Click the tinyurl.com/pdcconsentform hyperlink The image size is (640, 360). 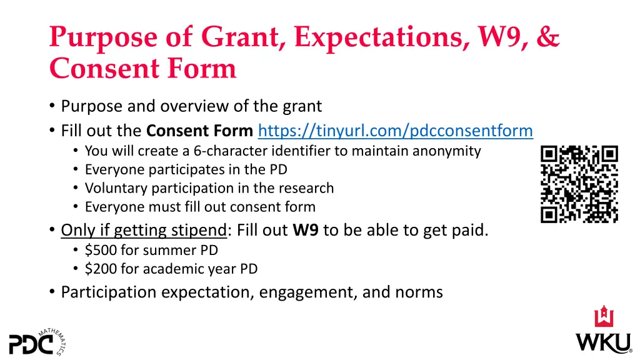[395, 131]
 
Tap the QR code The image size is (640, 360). [579, 184]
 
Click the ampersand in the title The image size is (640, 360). [547, 37]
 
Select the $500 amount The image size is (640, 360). [97, 250]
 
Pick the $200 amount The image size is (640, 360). [97, 269]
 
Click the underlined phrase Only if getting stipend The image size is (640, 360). [143, 230]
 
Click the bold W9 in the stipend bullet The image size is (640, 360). [306, 230]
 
